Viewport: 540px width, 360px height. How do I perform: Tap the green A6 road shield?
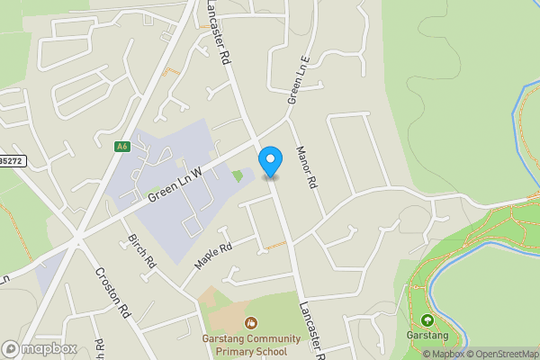click(x=121, y=146)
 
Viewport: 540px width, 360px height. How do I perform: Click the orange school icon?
click(x=250, y=321)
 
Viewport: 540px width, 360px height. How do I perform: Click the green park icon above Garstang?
click(x=427, y=319)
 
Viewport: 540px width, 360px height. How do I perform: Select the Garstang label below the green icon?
click(x=427, y=337)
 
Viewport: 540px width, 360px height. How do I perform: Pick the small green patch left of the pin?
click(x=238, y=175)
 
